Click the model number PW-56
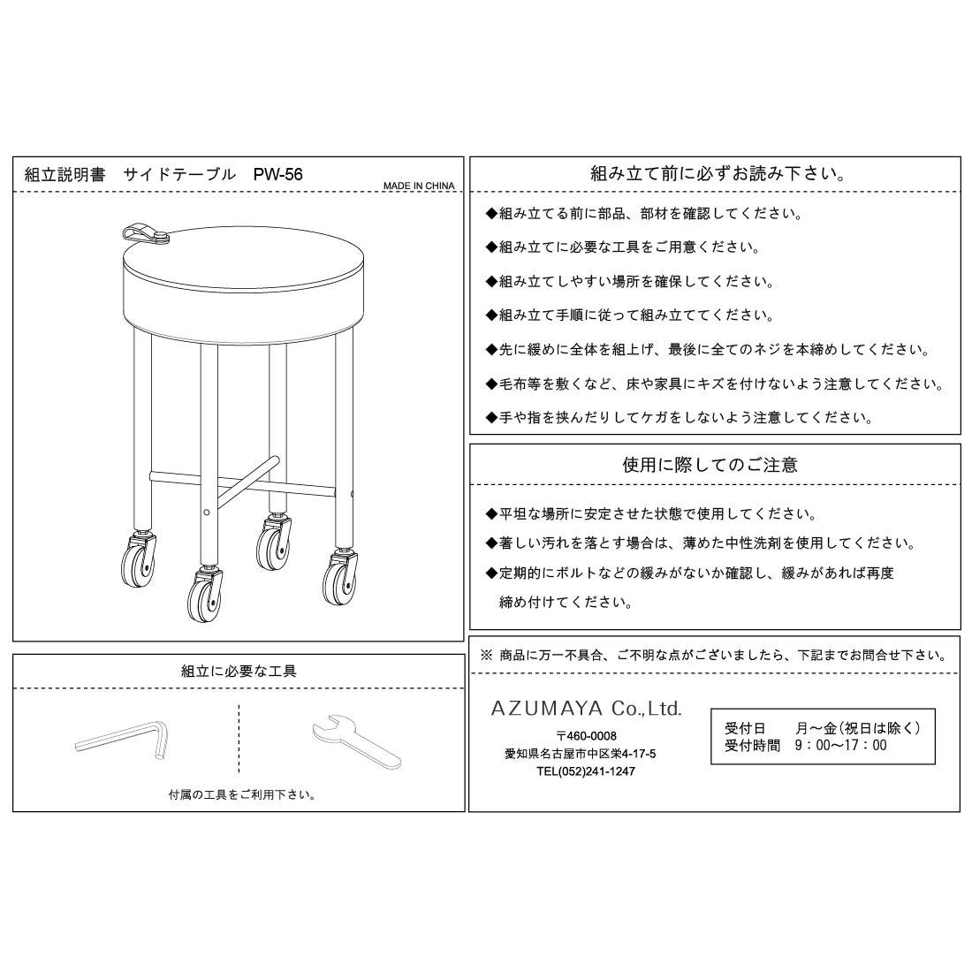277,175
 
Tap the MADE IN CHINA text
419,186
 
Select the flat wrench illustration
356,741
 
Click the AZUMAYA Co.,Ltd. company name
586,709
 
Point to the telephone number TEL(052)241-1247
585,771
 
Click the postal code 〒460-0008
586,736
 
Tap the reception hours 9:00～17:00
840,746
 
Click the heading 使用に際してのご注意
710,465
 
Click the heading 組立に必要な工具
239,672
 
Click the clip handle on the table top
145,232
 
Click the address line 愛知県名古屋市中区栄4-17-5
580,754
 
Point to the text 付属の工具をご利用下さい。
243,794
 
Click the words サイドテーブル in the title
179,175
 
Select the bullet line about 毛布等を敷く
715,384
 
